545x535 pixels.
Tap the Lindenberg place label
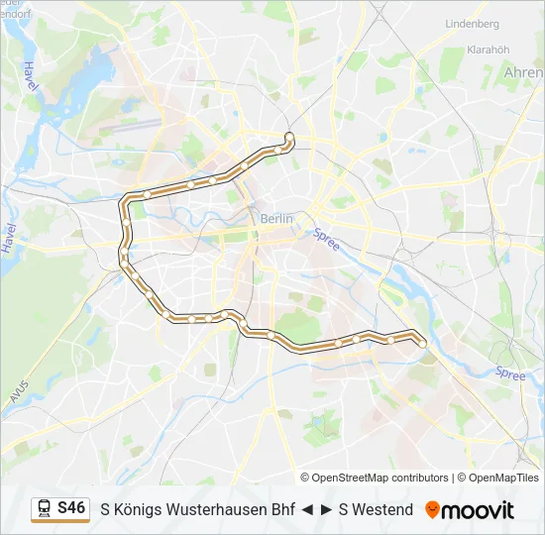[472, 23]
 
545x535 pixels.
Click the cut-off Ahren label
[524, 72]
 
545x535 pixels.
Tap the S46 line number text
[71, 507]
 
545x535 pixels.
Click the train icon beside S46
[45, 508]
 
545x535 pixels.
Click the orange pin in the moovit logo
[432, 509]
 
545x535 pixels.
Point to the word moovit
[478, 510]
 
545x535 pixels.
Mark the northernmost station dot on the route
[288, 137]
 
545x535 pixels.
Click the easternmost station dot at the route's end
[423, 343]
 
